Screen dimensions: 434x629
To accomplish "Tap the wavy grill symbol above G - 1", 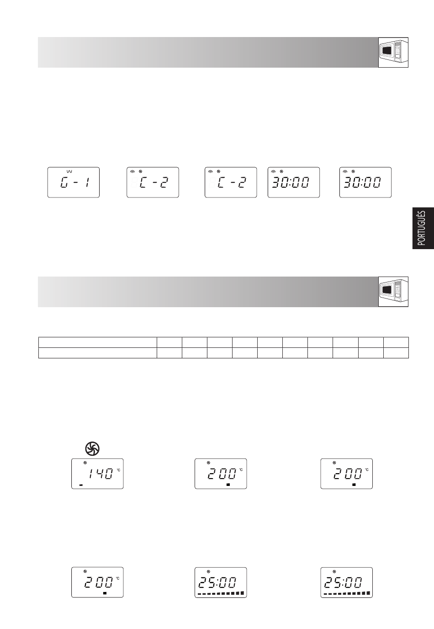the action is coord(69,171).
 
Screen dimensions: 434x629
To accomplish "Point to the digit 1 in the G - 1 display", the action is coord(88,183).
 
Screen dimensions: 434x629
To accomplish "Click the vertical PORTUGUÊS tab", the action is coord(423,228).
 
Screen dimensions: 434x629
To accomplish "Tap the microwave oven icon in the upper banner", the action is coord(393,53).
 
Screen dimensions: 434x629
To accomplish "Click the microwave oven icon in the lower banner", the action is coord(393,292).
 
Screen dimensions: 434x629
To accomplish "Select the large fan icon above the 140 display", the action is coord(92,448).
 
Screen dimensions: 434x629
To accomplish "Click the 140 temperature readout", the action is coord(101,474).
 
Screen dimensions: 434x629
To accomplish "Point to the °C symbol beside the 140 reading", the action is coord(118,470).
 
